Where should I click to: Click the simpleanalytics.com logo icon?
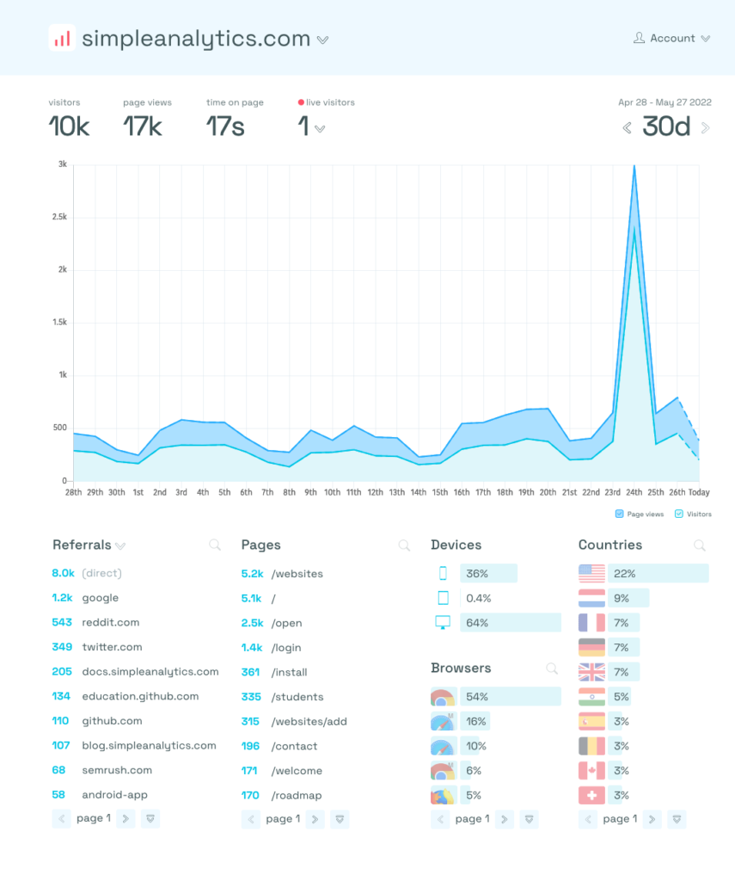[62, 39]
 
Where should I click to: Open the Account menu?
[671, 38]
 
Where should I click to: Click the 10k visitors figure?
[69, 127]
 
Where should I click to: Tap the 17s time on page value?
[225, 127]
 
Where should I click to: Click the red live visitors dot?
[301, 102]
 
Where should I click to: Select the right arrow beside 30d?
[706, 128]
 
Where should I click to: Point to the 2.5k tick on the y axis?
[58, 217]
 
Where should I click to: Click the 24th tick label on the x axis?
[634, 492]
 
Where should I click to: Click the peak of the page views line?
[634, 166]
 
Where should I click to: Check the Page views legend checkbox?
[620, 514]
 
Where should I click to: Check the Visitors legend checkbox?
[679, 514]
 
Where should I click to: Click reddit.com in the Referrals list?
[110, 622]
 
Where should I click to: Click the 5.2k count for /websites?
[252, 574]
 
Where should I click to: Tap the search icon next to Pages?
[404, 545]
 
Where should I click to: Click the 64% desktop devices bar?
[510, 622]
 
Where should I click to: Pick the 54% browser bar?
[510, 696]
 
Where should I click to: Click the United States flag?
[591, 573]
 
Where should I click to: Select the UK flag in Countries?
[591, 672]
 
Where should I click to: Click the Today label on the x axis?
[699, 492]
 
